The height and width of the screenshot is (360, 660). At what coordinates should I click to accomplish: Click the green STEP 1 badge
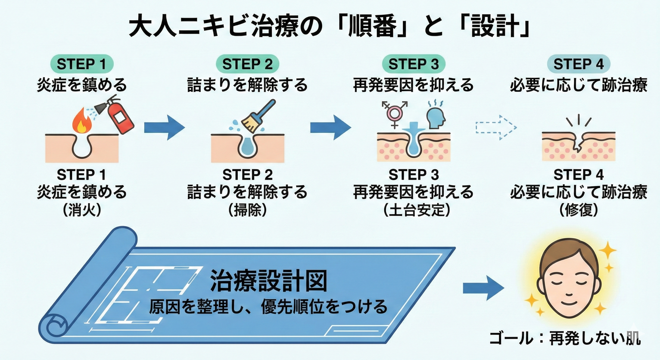[81, 64]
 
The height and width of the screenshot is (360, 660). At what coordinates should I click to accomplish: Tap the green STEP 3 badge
[413, 64]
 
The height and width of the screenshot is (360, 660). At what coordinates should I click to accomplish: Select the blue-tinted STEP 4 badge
[578, 64]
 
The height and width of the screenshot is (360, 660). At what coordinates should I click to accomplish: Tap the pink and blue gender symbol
[394, 114]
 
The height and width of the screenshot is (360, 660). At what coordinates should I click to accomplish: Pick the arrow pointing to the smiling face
[483, 289]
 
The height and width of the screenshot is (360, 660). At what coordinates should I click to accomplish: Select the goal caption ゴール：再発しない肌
[565, 339]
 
